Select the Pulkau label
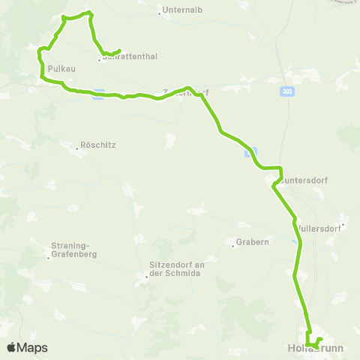(x=59, y=67)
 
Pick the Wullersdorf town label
(x=318, y=228)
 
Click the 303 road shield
(x=289, y=89)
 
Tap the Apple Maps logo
(x=28, y=347)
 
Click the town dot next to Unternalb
(x=160, y=12)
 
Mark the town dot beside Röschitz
(x=76, y=148)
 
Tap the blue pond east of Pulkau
(x=98, y=94)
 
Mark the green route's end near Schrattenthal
(x=120, y=51)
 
